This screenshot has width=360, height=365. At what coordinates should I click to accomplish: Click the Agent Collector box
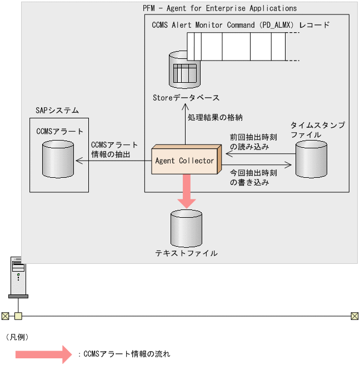186,161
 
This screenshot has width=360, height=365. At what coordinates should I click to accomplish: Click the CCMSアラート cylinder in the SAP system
58,158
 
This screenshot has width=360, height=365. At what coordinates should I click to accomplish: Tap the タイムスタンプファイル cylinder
311,159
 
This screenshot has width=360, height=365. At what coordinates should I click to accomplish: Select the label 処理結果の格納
215,117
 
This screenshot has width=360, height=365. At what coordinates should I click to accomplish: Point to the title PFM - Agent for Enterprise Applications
219,8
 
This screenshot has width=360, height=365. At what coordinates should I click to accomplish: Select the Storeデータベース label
186,98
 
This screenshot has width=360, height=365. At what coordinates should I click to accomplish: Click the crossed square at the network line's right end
354,316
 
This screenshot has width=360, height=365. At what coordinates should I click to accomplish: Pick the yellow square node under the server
18,316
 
